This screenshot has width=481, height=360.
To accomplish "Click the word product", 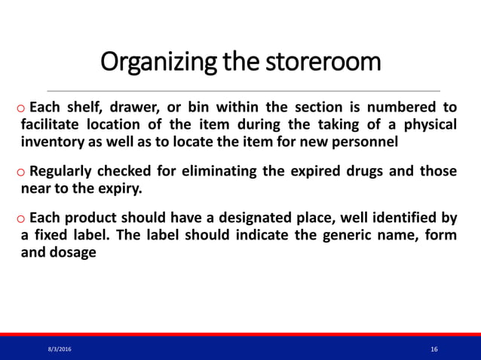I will click(97, 219).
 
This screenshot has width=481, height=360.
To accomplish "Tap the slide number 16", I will click(434, 349).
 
